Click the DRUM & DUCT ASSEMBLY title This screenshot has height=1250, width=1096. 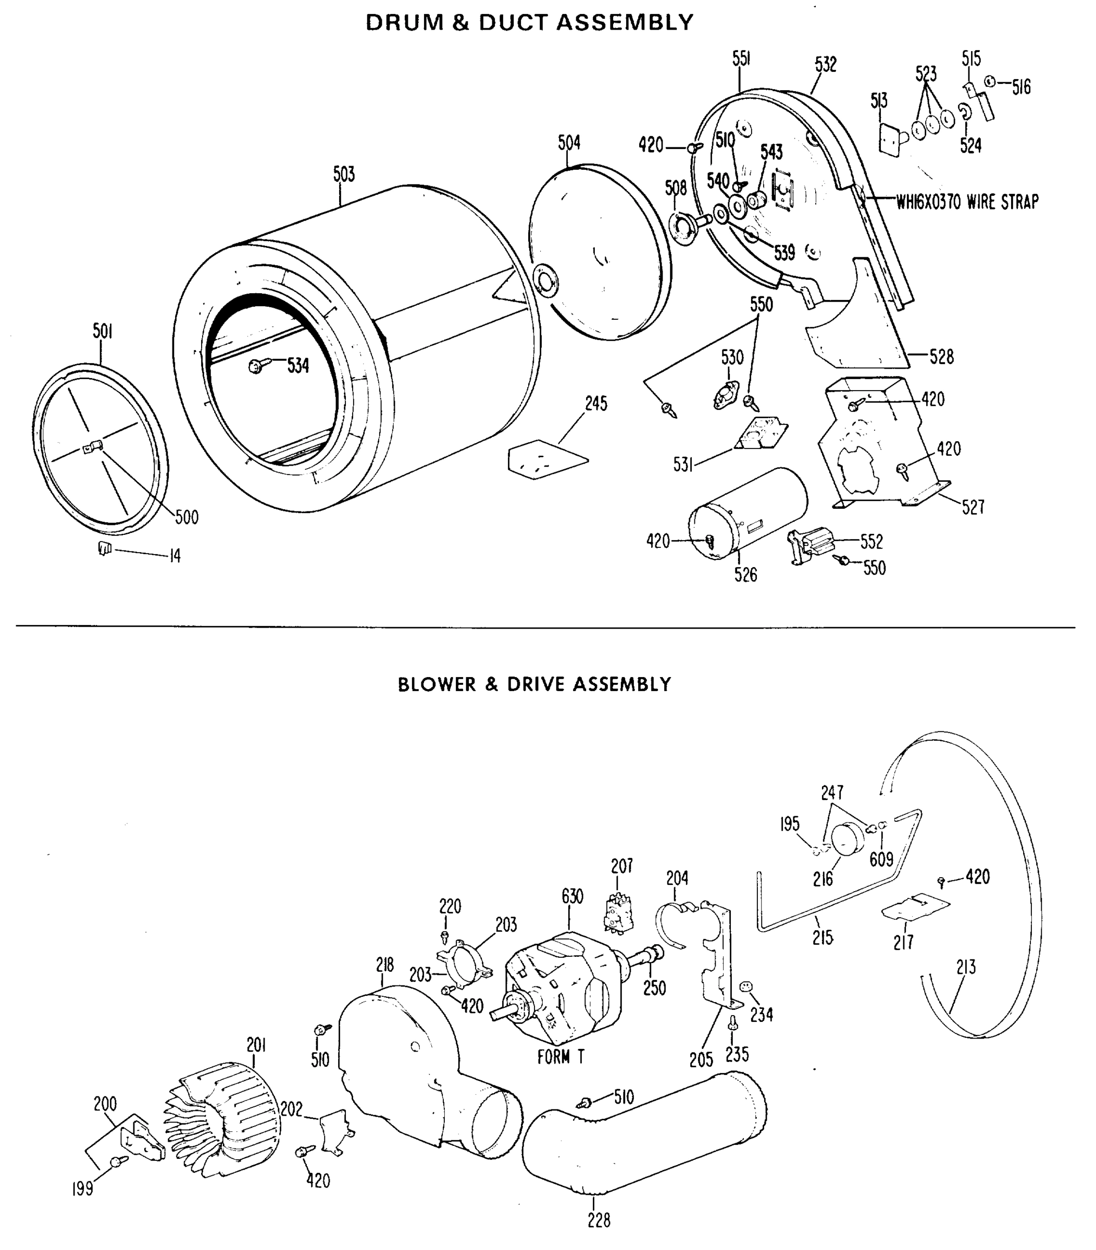pyautogui.click(x=529, y=22)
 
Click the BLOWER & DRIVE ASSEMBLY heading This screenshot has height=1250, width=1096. pyautogui.click(x=534, y=684)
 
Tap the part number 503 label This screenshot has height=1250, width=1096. pyautogui.click(x=344, y=175)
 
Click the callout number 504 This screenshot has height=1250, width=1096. pyautogui.click(x=569, y=143)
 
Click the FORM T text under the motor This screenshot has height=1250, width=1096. pyautogui.click(x=560, y=1057)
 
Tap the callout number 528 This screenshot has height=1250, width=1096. pyautogui.click(x=941, y=357)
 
